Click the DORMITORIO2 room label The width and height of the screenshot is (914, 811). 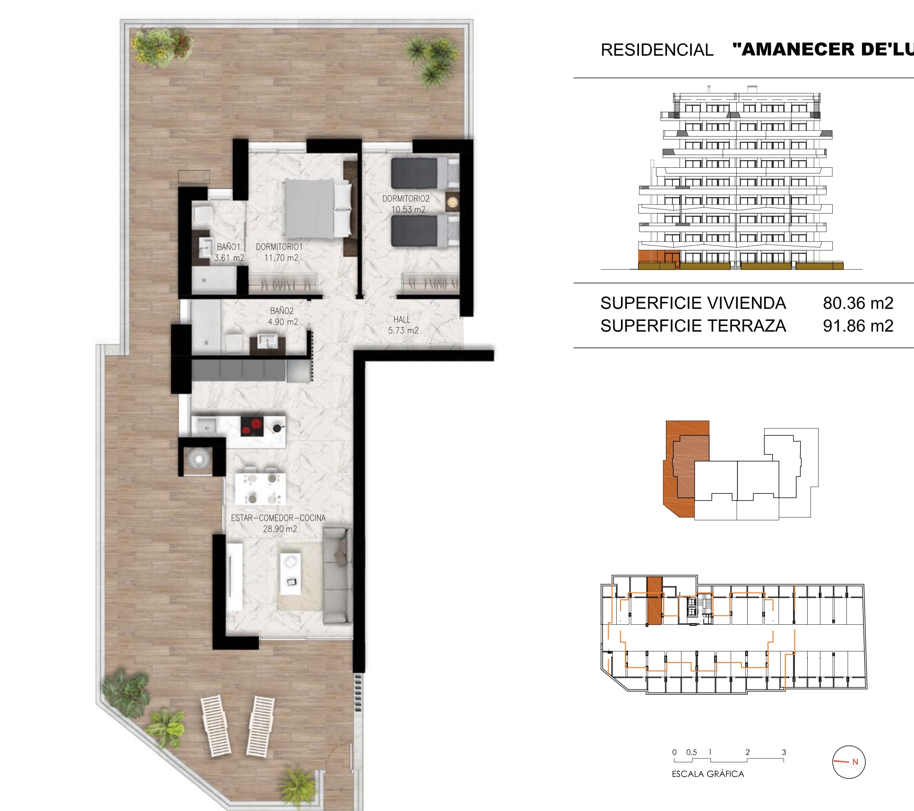coord(406,199)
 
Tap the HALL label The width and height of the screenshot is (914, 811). coord(402,320)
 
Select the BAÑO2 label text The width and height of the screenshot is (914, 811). coord(282,311)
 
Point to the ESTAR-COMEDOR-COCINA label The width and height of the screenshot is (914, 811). coord(278,518)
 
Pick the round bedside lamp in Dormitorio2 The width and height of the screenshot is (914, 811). coord(453,202)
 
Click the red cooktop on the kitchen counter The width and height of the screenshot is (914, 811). coord(252,426)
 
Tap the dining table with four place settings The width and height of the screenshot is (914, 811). coord(260,488)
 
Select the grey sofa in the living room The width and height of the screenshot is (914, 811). coord(337,576)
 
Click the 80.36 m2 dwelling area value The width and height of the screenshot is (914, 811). coord(858,303)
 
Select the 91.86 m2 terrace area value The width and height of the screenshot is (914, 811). coord(858,326)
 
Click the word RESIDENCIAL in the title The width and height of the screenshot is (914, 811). coord(657,50)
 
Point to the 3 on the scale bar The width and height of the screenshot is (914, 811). coord(784,752)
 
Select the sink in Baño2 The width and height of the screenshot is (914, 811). coord(268,341)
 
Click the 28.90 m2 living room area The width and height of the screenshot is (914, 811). coord(280,529)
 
